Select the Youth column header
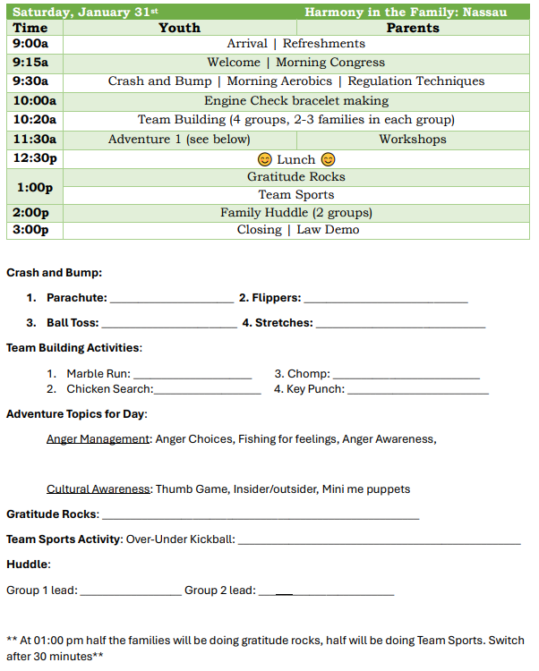pos(179,28)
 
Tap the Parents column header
pos(413,28)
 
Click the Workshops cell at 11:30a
pos(412,139)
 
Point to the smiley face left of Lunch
pos(264,159)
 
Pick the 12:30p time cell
pos(35,158)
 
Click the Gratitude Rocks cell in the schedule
pos(295,176)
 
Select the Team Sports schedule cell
pos(295,194)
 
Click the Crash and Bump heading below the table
pos(54,273)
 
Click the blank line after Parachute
pos(171,300)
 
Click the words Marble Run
pos(98,374)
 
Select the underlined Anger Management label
pos(98,439)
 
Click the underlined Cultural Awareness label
pos(99,489)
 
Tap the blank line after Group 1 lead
pos(131,591)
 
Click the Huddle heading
pos(29,565)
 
